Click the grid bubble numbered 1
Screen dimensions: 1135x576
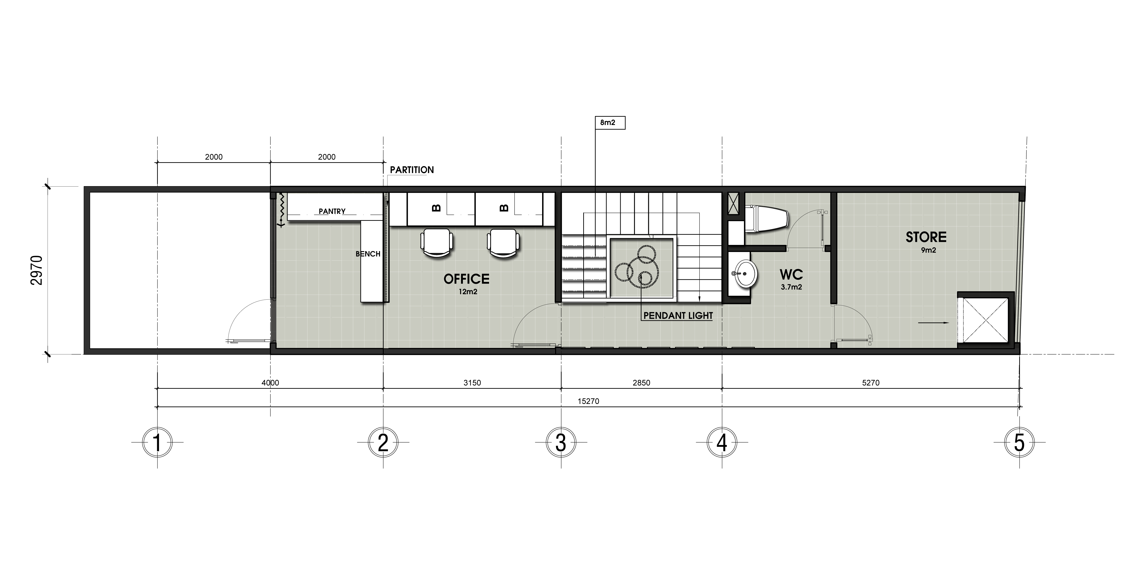point(157,442)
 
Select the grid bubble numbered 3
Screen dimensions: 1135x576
point(561,442)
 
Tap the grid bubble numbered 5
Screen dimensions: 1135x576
point(1019,442)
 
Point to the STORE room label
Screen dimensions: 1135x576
point(926,237)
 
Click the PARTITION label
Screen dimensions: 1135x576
point(411,170)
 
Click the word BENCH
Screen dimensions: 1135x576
point(368,254)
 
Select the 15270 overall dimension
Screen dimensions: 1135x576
point(588,401)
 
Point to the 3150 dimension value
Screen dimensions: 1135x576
point(472,383)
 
